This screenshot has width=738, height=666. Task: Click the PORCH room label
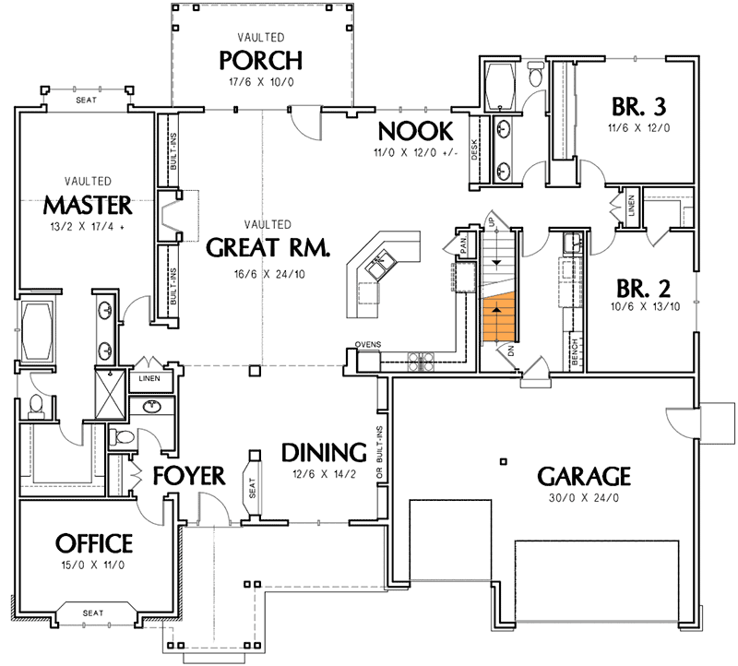click(260, 60)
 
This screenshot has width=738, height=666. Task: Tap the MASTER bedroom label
click(89, 203)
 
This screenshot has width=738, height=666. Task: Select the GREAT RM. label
click(262, 247)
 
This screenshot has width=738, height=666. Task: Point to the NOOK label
click(414, 130)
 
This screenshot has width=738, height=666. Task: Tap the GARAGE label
click(584, 477)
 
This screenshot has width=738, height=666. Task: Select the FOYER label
click(189, 476)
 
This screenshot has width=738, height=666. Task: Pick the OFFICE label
click(94, 543)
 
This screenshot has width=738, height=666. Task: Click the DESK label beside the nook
click(475, 142)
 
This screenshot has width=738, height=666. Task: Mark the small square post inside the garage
click(504, 460)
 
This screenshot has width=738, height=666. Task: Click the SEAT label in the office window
click(93, 612)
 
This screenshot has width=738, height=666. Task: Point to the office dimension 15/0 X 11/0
click(94, 565)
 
